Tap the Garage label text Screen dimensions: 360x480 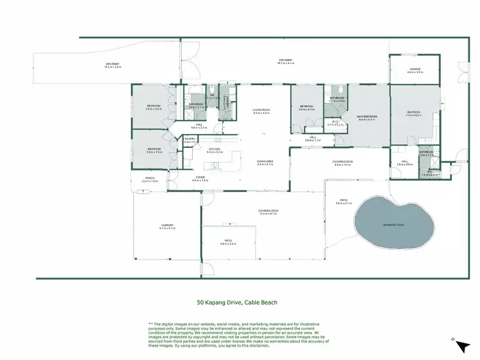415,70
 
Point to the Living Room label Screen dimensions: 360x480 262,110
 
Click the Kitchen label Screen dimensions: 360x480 214,149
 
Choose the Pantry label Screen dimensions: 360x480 189,139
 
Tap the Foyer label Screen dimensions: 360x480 200,179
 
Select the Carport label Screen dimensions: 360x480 167,225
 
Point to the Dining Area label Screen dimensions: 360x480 265,161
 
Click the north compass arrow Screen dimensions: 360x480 461,346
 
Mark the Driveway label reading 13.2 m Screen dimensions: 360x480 113,64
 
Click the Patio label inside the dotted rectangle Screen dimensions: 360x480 228,241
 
